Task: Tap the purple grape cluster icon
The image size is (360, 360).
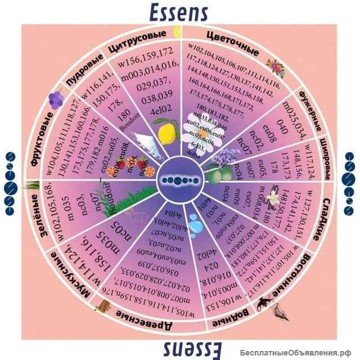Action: click(55, 100)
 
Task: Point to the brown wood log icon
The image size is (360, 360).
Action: click(104, 304)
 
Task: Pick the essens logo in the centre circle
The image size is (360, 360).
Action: click(179, 180)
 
